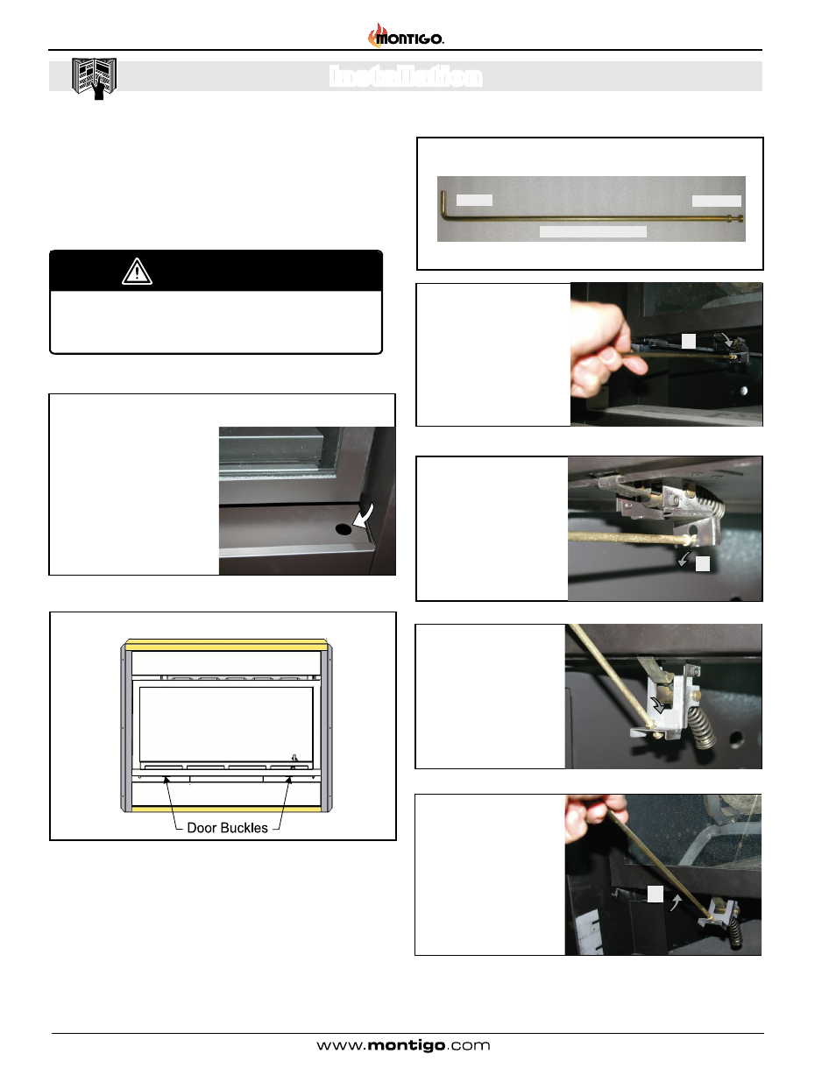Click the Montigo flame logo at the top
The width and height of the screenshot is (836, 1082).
coord(406,36)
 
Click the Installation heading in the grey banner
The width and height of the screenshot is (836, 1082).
coord(406,76)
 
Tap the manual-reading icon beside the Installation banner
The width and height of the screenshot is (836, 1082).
coord(94,78)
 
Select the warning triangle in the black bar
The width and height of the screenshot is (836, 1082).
coord(137,272)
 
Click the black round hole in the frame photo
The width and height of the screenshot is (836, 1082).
coord(344,529)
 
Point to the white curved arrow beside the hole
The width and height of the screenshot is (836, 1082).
coord(364,515)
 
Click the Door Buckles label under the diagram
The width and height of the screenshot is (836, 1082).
coord(227,828)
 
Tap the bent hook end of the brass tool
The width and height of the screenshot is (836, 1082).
coord(443,204)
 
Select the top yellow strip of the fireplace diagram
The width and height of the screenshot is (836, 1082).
coord(226,646)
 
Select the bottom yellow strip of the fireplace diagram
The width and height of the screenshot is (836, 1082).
coord(226,809)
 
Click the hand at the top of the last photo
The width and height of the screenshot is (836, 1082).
coord(595,817)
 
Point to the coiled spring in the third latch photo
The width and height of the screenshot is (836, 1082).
coord(702,726)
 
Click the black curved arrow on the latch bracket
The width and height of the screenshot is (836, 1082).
coord(659,704)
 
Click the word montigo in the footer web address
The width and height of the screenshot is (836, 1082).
coord(406,1046)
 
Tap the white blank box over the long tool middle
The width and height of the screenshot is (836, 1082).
coord(593,231)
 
